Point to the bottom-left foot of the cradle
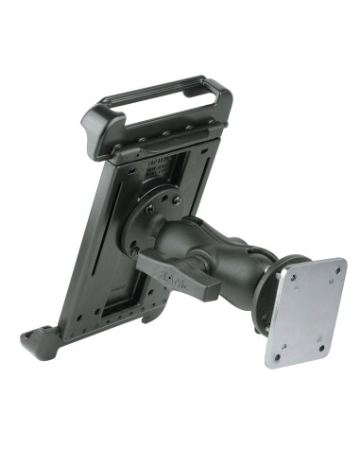(x=39, y=341)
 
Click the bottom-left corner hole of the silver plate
(x=276, y=358)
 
